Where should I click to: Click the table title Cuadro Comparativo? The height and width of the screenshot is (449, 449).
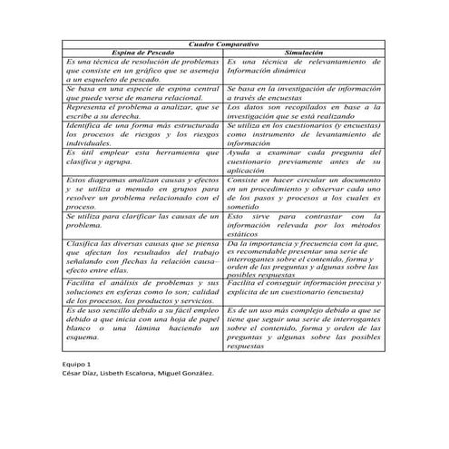point(224,44)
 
